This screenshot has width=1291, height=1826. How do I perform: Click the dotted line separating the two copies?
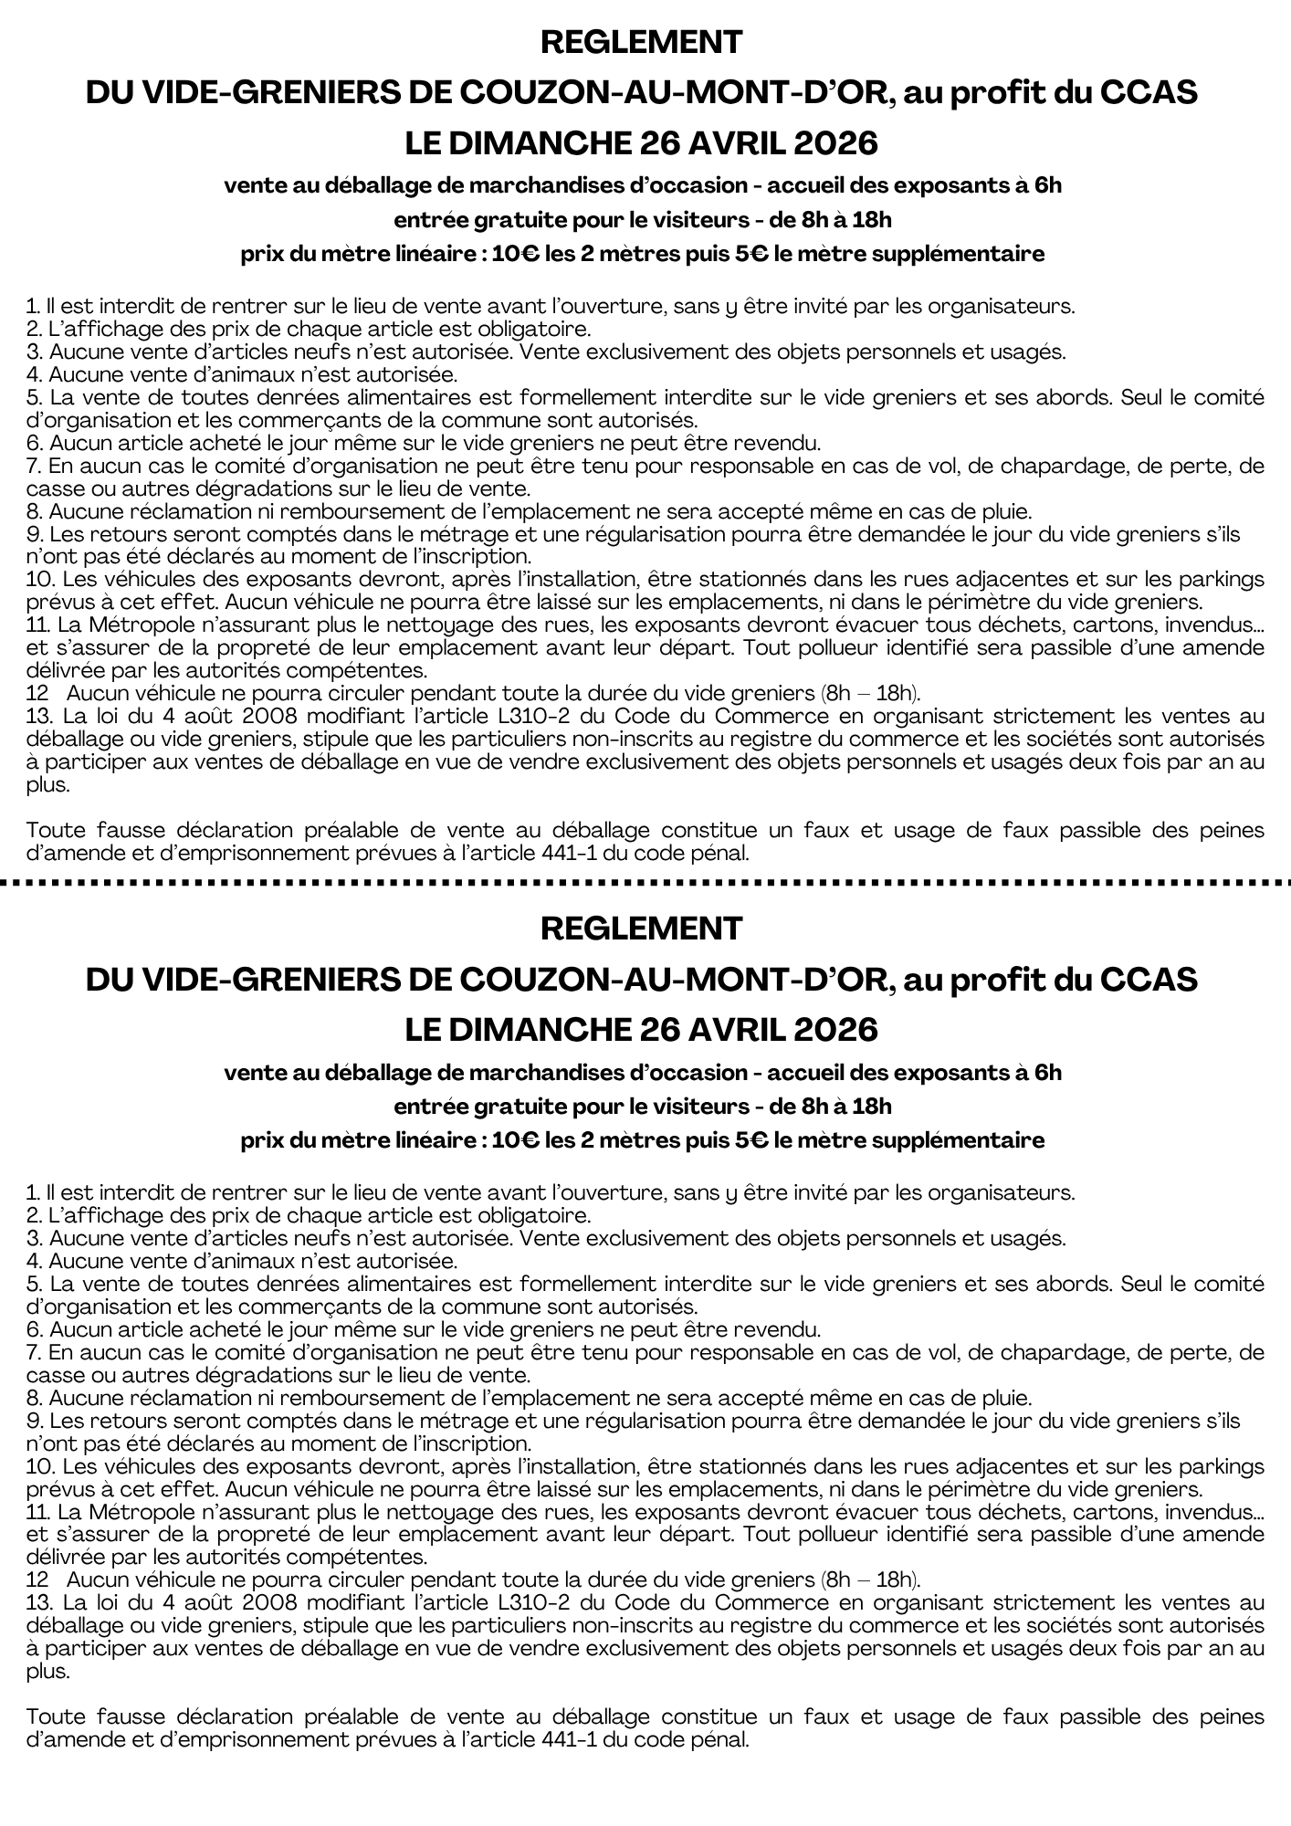645,883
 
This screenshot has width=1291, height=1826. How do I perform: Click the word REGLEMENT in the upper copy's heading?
641,42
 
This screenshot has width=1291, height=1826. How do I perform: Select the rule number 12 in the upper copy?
38,694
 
